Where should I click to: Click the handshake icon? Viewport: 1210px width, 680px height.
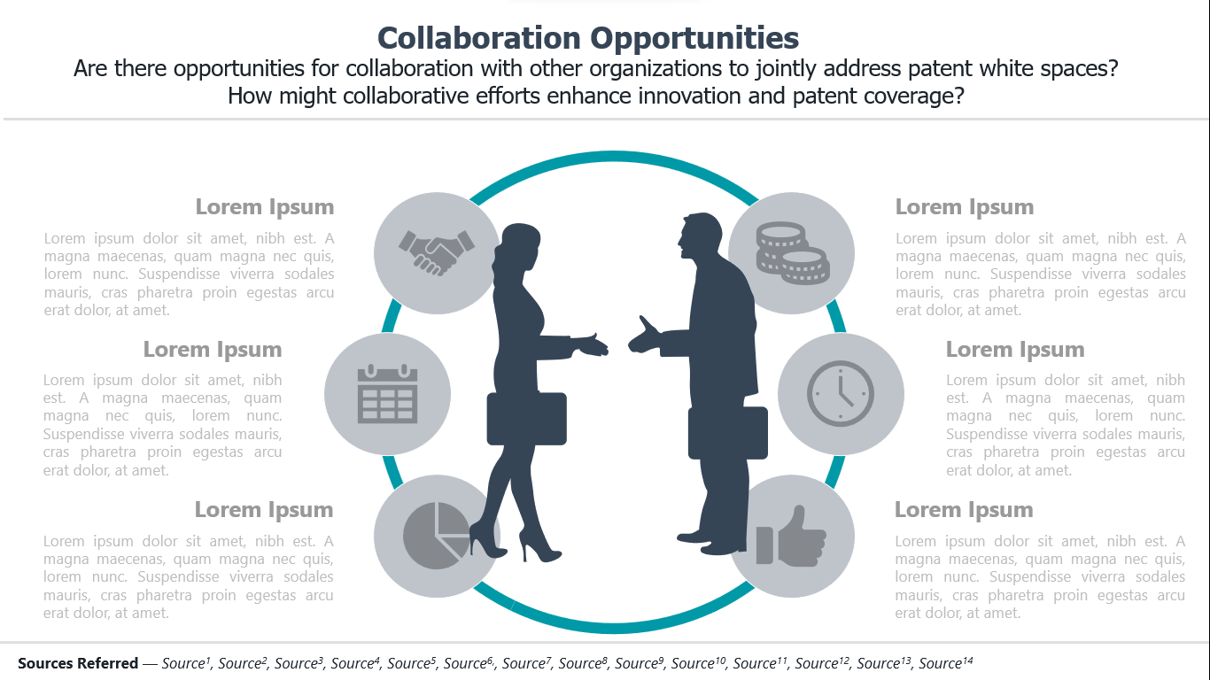437,252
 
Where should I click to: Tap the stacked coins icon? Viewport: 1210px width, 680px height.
793,252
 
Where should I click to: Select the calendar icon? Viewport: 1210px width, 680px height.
387,393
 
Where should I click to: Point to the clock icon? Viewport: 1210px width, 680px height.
840,393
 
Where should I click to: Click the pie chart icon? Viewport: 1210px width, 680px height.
437,536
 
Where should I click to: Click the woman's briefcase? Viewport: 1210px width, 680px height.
527,419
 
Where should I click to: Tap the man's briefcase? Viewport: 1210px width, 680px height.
727,433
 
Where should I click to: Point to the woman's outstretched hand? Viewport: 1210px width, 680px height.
592,345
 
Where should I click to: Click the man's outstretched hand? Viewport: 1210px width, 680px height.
645,336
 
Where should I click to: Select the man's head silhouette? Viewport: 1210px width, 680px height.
700,236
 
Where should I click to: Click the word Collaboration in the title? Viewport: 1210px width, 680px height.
478,38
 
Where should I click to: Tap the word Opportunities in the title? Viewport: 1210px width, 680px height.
694,39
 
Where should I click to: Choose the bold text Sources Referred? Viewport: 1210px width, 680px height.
78,662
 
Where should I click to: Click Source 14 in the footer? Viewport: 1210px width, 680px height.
945,662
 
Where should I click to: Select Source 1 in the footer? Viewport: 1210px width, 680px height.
186,662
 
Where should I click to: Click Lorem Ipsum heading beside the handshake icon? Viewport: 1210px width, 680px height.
265,207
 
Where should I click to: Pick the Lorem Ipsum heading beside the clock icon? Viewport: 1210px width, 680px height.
1015,350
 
